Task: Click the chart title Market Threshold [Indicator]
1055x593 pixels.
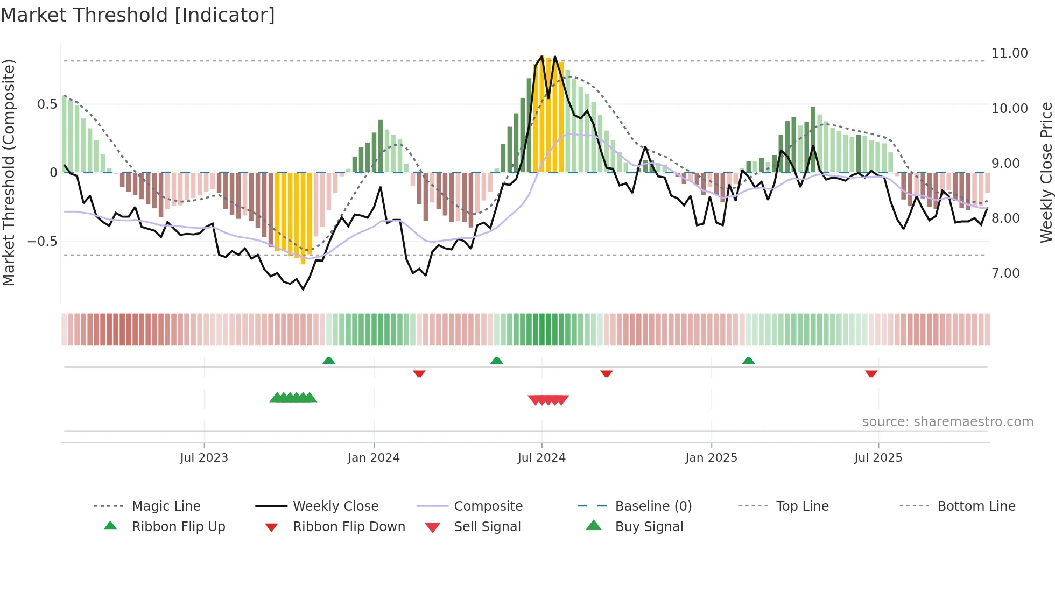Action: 138,15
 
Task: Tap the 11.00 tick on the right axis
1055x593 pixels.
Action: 1009,53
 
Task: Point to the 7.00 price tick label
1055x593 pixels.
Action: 1005,273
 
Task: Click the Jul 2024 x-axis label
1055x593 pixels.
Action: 541,458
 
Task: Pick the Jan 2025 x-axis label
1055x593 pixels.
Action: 711,458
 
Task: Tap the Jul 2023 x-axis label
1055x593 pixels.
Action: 204,458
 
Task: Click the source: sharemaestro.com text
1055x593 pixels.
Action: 947,422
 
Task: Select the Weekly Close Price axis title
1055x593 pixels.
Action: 1046,172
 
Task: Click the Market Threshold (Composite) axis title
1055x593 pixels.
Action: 9,172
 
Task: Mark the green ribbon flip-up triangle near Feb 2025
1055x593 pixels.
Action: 748,361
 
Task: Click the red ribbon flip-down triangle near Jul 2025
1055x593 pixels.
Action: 871,373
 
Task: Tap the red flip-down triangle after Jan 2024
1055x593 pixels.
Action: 419,373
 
